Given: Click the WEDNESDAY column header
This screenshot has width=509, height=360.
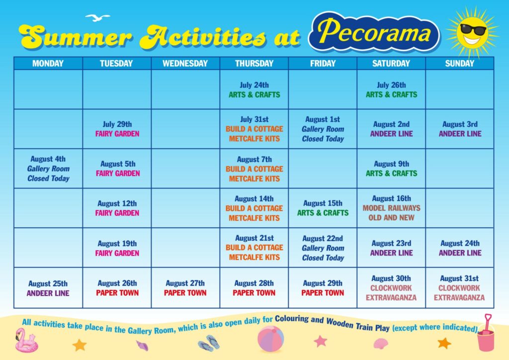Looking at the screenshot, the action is pyautogui.click(x=185, y=63).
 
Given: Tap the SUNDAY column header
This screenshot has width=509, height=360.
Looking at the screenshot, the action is pyautogui.click(x=460, y=63).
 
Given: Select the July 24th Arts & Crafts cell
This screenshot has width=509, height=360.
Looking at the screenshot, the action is pyautogui.click(x=254, y=90).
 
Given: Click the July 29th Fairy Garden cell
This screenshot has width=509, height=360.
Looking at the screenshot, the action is pyautogui.click(x=117, y=129).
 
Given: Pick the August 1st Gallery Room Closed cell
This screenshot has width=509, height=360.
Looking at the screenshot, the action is pyautogui.click(x=323, y=129).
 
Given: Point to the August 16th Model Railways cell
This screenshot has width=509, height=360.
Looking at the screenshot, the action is pyautogui.click(x=391, y=208).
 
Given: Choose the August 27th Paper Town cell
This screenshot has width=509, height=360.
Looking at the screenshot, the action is pyautogui.click(x=185, y=287).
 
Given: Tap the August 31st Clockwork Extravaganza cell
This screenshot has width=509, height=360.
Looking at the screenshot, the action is pyautogui.click(x=460, y=287).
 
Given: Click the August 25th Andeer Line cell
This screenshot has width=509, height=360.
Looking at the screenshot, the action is pyautogui.click(x=48, y=287).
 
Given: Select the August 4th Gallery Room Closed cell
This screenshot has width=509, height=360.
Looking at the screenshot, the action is pyautogui.click(x=48, y=169).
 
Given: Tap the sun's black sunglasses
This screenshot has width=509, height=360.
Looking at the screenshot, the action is pyautogui.click(x=473, y=30).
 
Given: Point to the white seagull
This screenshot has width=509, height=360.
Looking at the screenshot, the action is pyautogui.click(x=97, y=17).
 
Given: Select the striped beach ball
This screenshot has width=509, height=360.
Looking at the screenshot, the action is pyautogui.click(x=271, y=339).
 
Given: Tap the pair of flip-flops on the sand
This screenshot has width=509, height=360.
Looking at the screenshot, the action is pyautogui.click(x=209, y=343).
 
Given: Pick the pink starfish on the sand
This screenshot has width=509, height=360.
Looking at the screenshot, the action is pyautogui.click(x=320, y=341).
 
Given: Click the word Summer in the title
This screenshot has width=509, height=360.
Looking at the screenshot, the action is pyautogui.click(x=76, y=36).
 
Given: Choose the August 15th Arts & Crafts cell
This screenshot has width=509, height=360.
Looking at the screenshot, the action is pyautogui.click(x=323, y=208).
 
